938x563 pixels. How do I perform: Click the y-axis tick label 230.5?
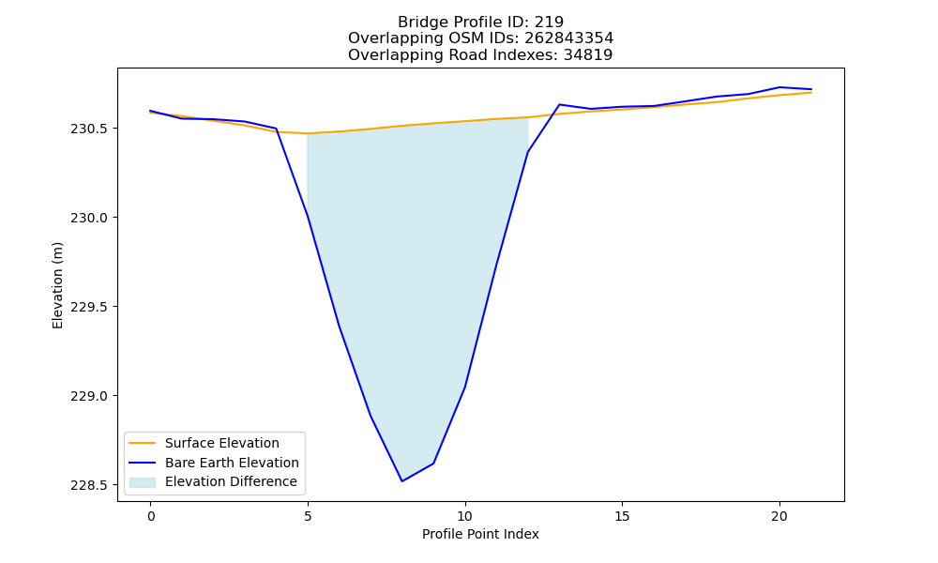(90, 129)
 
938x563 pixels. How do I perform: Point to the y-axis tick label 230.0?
(90, 218)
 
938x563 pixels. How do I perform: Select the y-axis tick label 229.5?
(90, 307)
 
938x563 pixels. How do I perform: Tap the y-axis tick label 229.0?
(90, 396)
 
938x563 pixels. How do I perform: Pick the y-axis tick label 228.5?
(90, 485)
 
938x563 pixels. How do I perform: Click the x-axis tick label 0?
(151, 516)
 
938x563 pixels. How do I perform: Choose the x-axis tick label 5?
(308, 516)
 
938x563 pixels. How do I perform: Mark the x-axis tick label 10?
(465, 516)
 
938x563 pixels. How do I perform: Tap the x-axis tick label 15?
(622, 516)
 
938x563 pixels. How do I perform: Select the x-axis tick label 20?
(779, 516)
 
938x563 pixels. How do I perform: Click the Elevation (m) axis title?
(57, 285)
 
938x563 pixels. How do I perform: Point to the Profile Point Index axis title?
(480, 534)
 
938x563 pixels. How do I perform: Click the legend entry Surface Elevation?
(222, 443)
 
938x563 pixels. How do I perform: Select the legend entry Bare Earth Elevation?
(232, 463)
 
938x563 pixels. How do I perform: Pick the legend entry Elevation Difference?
(231, 481)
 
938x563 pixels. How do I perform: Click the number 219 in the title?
(549, 23)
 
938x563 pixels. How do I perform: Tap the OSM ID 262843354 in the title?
(569, 38)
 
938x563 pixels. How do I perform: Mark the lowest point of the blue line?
(402, 481)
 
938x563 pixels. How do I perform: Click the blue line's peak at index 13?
(559, 105)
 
